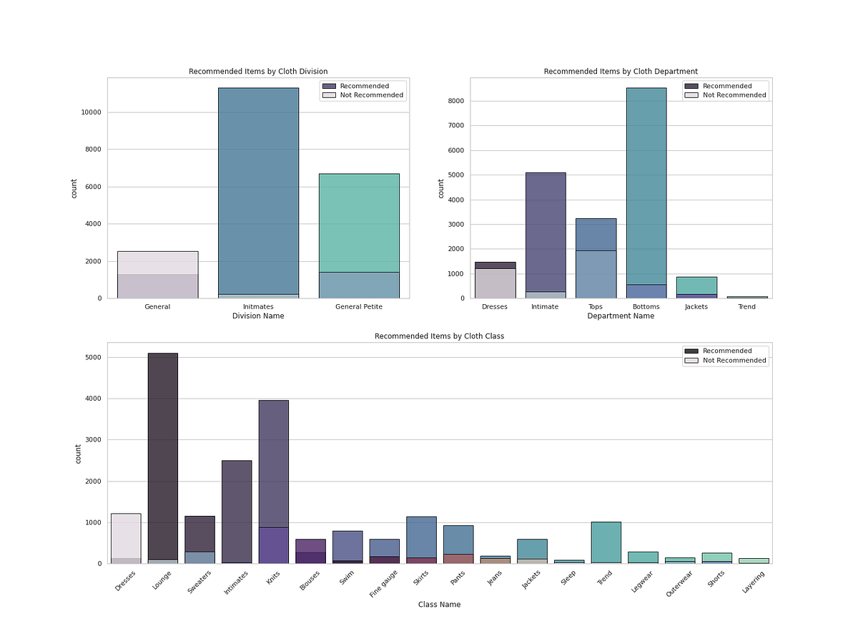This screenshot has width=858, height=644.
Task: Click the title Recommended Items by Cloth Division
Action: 258,72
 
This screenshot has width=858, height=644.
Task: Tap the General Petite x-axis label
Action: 358,307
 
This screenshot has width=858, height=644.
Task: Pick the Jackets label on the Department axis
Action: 696,307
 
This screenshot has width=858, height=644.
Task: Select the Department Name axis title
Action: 620,316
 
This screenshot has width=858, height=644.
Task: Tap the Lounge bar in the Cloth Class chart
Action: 162,458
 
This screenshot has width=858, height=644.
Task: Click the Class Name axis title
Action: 439,605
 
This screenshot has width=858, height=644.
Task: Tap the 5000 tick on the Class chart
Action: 94,357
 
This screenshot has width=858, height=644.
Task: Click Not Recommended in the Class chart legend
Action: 734,361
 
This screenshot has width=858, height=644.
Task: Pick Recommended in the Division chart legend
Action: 365,86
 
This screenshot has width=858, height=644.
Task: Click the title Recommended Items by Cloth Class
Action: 439,336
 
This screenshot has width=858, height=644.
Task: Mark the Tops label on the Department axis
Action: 595,307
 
